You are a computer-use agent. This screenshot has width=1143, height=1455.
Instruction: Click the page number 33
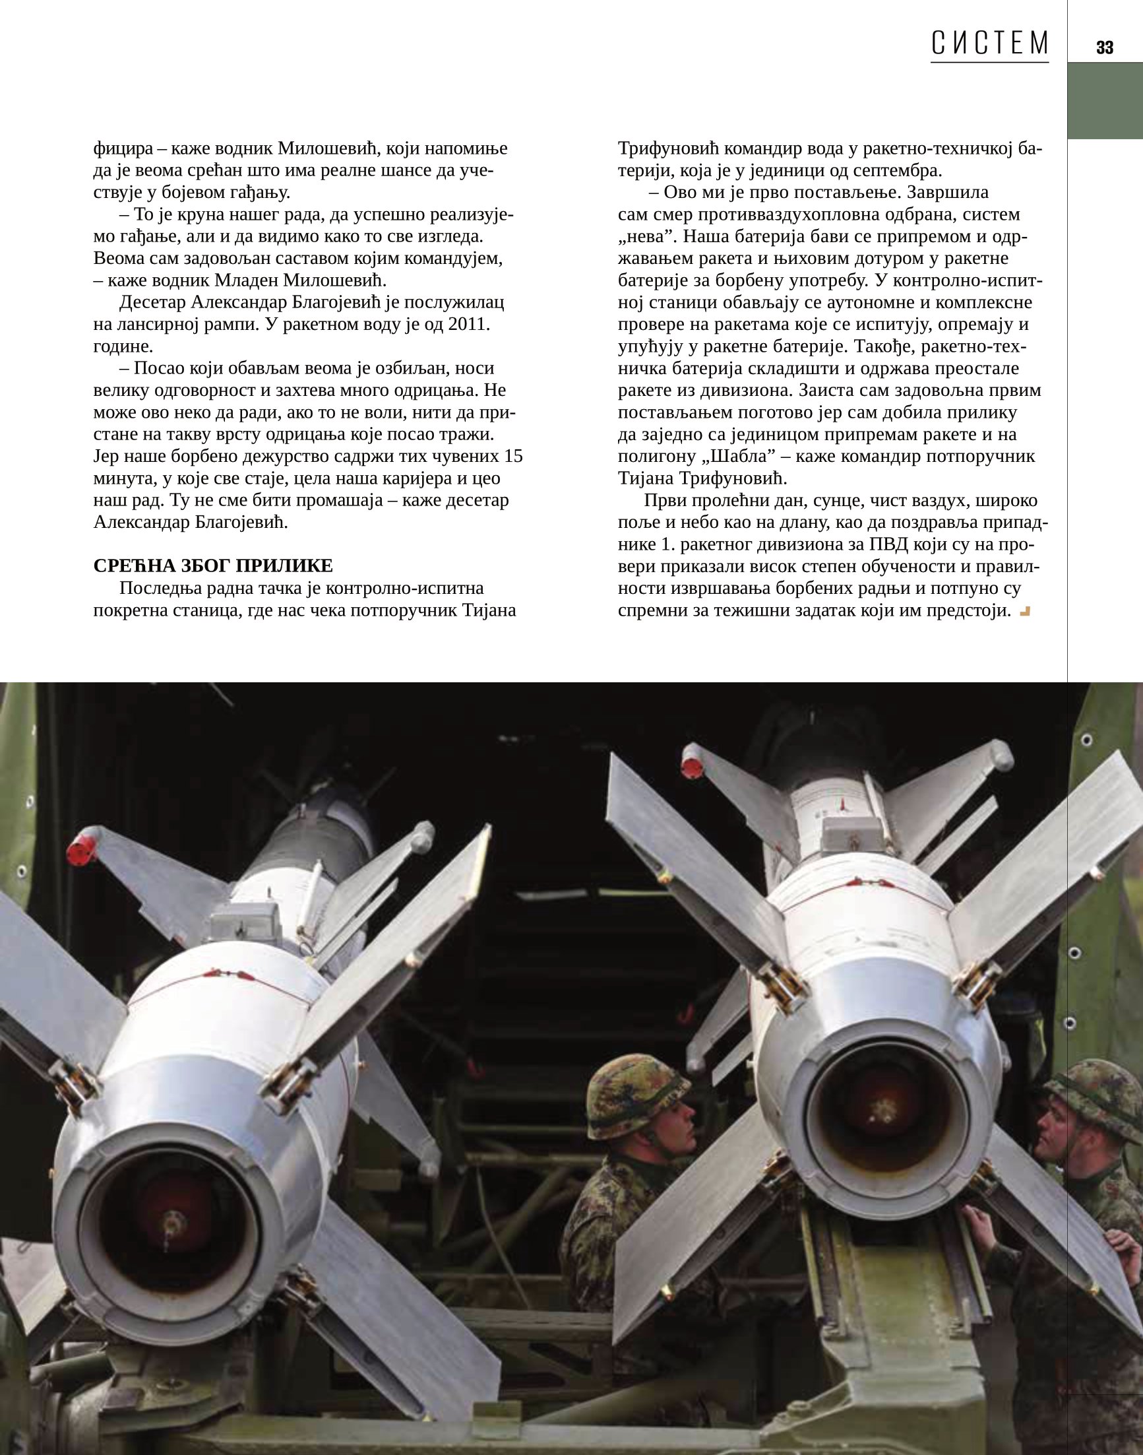pos(1104,48)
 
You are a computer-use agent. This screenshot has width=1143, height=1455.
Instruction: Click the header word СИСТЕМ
pos(989,44)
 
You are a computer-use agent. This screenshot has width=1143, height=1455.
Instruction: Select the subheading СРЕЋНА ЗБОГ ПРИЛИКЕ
pos(213,566)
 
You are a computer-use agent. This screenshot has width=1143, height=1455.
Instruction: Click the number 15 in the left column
pos(512,457)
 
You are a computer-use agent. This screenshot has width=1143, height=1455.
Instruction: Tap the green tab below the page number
pos(1104,100)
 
